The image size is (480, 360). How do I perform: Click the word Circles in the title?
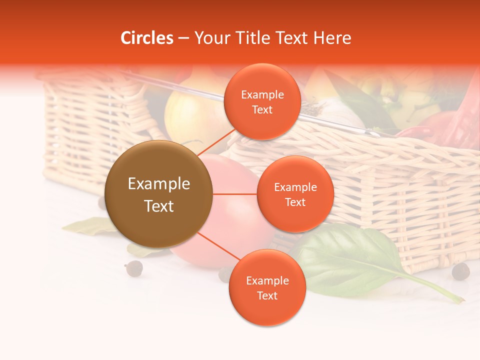tap(147, 38)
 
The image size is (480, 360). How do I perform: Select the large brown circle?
tap(158, 194)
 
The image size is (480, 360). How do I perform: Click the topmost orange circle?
tap(262, 101)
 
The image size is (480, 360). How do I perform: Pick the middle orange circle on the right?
tap(295, 194)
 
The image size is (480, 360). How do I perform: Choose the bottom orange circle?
tap(267, 287)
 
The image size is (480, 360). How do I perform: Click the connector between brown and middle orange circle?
tap(235, 194)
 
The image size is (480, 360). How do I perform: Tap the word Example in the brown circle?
tap(158, 184)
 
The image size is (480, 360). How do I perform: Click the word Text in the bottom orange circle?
tap(267, 295)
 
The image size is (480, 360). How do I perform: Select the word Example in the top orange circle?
tap(262, 94)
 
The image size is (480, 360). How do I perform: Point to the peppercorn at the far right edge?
tap(460, 271)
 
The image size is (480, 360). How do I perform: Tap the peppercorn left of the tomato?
tap(133, 268)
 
